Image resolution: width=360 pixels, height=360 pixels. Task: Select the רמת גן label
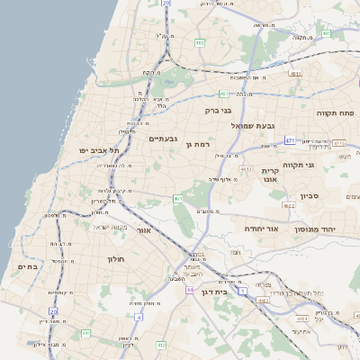[x=196, y=144]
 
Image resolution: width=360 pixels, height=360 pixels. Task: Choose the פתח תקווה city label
[x=337, y=113]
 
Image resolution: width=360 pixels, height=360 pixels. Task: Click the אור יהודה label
[x=263, y=229]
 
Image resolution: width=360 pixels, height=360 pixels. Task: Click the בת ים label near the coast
[x=27, y=266]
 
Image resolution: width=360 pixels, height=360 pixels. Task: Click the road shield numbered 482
[x=200, y=42]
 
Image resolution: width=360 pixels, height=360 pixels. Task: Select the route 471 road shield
[x=289, y=140]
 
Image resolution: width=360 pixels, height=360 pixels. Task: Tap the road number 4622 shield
[x=289, y=206]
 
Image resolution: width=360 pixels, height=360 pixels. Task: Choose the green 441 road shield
[x=85, y=334]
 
